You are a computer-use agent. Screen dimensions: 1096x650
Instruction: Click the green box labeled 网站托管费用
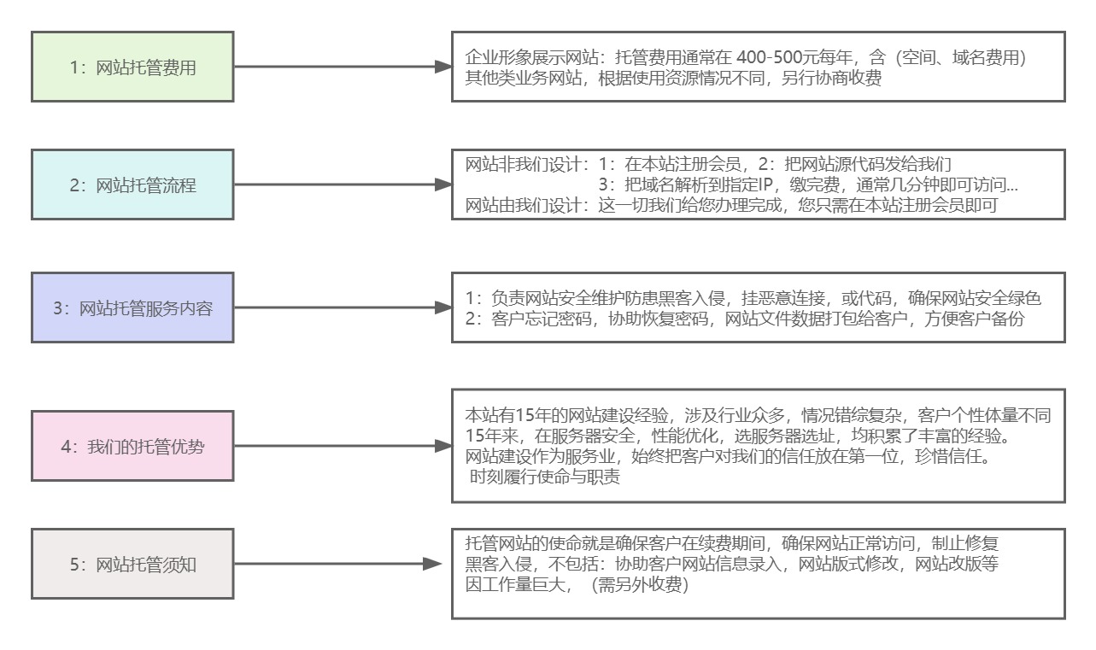[132, 67]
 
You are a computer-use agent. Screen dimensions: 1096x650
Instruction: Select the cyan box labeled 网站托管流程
[132, 184]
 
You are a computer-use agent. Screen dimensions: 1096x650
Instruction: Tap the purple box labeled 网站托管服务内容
[132, 307]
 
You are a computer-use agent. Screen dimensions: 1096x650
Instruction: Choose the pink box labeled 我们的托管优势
[132, 446]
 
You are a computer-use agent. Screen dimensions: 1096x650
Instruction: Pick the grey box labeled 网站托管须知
[132, 564]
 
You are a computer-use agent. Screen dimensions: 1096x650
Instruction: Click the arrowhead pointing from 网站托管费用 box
[443, 67]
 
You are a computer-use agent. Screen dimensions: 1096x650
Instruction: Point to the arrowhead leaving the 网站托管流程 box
[443, 184]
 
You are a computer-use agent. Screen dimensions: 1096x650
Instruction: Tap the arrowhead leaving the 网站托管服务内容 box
[443, 307]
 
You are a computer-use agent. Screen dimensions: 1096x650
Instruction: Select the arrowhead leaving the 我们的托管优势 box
[443, 446]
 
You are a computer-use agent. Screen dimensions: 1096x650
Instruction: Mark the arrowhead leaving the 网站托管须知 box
[432, 564]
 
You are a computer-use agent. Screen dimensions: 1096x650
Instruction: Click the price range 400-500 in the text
[769, 58]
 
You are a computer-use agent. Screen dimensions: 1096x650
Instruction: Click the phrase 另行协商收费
[831, 79]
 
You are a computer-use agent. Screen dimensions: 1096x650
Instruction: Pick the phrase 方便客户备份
[974, 319]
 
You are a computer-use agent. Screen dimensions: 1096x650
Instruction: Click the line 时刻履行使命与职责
[544, 477]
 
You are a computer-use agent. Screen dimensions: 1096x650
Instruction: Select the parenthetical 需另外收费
[640, 584]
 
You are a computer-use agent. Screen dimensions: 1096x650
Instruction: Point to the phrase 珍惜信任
[947, 456]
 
